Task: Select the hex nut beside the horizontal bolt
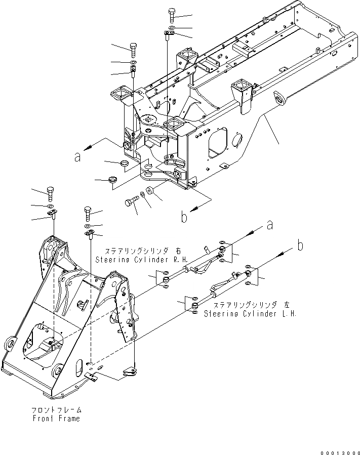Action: click(x=150, y=192)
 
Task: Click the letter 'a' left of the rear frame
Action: click(x=77, y=158)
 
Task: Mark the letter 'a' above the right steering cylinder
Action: click(x=270, y=224)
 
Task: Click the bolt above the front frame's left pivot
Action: click(x=51, y=193)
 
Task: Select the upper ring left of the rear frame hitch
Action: click(x=123, y=163)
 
